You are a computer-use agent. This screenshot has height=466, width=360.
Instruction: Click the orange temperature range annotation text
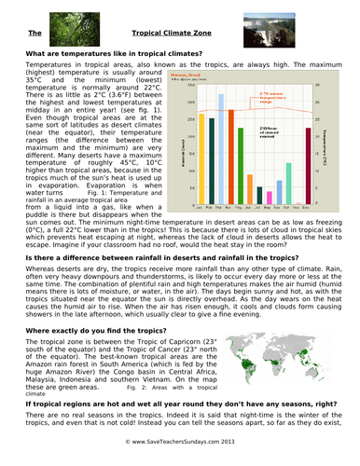click(272, 95)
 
